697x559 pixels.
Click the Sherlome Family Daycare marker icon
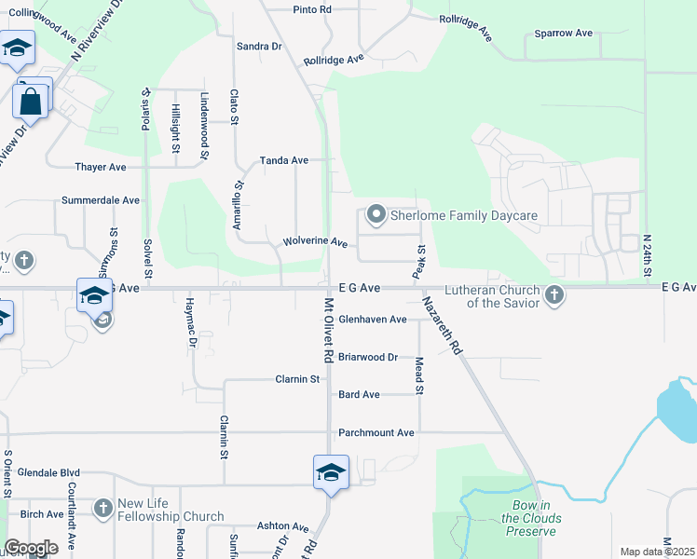tap(376, 215)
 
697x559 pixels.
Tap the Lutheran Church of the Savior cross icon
tap(554, 295)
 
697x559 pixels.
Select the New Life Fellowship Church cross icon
tap(102, 509)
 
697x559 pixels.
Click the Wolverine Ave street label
tap(315, 242)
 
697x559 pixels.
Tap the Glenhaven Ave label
tap(373, 319)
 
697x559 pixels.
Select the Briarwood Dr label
tap(368, 357)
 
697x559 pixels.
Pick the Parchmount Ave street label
tap(376, 433)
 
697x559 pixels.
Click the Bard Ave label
tap(359, 395)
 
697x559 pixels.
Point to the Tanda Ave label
tap(284, 160)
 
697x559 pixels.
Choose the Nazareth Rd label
tap(442, 325)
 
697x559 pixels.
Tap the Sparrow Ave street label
tap(564, 34)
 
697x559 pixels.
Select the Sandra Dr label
tap(259, 46)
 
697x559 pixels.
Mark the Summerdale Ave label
tap(101, 200)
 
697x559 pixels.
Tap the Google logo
tap(31, 549)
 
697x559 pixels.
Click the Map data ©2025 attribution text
tap(658, 552)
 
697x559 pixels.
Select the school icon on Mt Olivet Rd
tap(332, 471)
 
